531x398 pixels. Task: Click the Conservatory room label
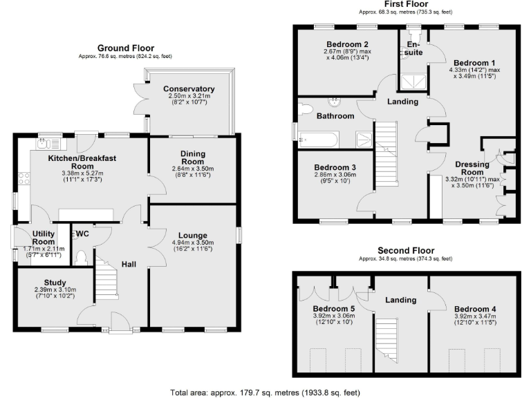click(x=189, y=89)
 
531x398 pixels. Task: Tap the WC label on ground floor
click(x=82, y=233)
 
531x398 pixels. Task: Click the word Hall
click(x=129, y=264)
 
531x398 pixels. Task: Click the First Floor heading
click(x=404, y=4)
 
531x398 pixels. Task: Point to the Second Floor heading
click(x=404, y=250)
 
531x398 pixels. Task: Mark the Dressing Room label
click(x=472, y=168)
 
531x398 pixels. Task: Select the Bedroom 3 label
click(x=335, y=167)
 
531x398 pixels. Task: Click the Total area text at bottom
click(x=265, y=392)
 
